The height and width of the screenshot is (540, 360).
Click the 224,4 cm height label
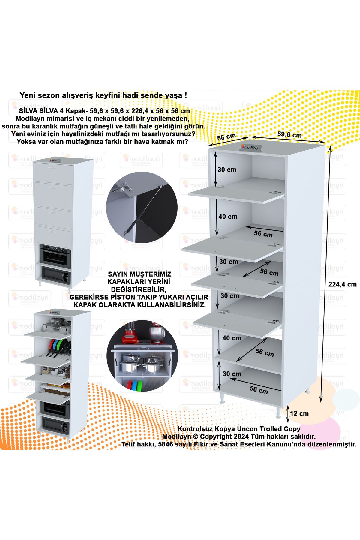coord(342,284)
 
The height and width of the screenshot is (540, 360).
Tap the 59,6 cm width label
coord(289,134)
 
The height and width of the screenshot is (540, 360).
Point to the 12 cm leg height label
coord(299,413)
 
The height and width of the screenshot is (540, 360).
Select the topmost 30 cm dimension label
coord(227,169)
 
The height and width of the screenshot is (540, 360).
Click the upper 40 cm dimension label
coord(228,217)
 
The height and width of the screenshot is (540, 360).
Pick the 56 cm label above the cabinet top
coord(226,137)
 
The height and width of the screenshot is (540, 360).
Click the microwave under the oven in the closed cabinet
coord(55,275)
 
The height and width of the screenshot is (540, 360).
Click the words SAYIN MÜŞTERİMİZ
coord(139,274)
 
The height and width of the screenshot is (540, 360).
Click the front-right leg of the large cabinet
coord(278,412)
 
